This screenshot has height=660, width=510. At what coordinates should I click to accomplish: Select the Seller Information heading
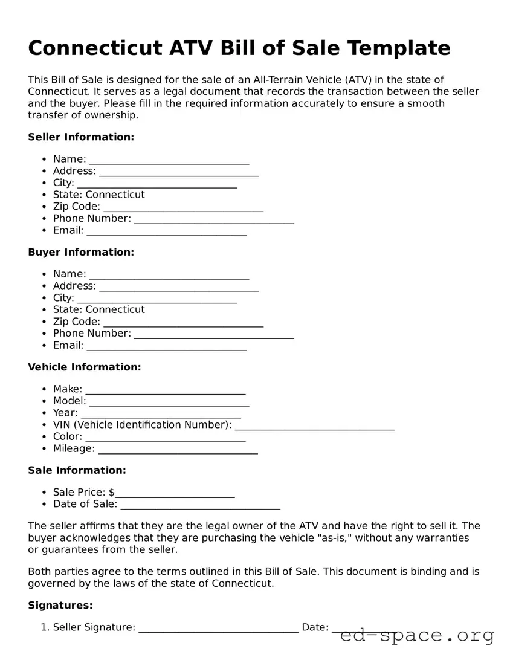pos(81,137)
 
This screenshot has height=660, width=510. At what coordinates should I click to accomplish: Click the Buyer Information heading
pos(81,252)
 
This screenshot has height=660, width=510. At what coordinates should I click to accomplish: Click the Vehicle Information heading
pos(85,367)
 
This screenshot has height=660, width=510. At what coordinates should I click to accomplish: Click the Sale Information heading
pos(77,470)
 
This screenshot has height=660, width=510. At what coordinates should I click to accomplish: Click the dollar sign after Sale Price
pos(112,492)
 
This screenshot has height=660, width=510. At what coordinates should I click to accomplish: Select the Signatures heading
pos(60,605)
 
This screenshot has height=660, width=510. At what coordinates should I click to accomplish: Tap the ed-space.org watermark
pos(417,636)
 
